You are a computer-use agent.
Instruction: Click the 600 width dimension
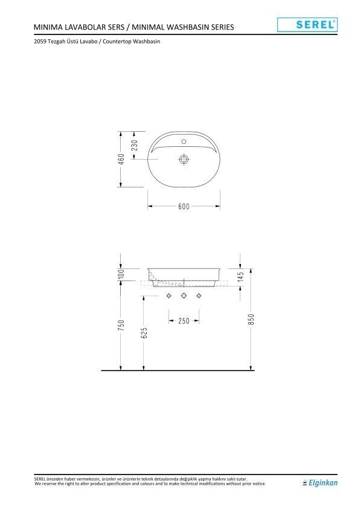click(184, 206)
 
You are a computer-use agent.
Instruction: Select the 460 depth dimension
click(121, 158)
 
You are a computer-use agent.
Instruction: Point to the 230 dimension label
click(135, 145)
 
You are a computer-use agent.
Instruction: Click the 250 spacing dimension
click(184, 320)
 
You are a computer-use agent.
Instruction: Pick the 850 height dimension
click(251, 319)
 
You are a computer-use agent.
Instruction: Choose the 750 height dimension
click(121, 325)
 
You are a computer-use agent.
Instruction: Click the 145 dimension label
click(240, 277)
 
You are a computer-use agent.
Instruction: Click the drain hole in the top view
click(184, 159)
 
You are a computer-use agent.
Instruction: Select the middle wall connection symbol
click(184, 296)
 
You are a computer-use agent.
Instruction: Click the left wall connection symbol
click(169, 296)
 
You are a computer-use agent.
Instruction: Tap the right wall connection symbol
click(198, 296)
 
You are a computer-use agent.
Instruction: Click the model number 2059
click(40, 42)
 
